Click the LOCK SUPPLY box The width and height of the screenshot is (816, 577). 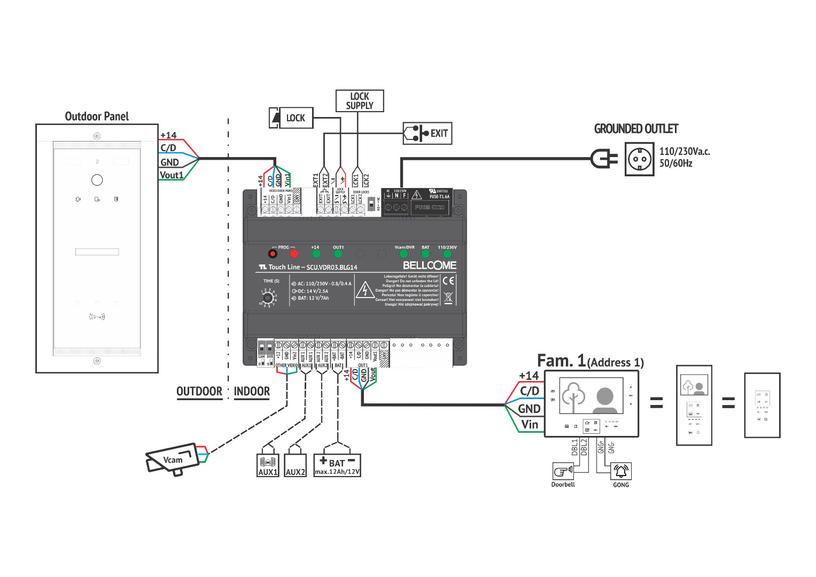coord(360,101)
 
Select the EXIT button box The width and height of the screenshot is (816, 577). coord(428,134)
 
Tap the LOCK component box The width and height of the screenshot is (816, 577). coord(291,118)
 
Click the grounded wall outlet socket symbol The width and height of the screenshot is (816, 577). coord(639,159)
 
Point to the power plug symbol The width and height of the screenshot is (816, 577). coord(604,159)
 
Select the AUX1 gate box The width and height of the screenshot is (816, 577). coord(268,465)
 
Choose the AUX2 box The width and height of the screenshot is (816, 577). coord(295,465)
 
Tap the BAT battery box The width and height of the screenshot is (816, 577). coord(337,465)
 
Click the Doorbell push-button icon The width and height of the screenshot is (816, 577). coord(563,471)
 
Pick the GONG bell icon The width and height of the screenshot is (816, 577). coord(621,471)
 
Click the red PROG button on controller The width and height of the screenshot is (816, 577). coord(273,254)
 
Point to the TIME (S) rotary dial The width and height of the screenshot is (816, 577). coord(267,298)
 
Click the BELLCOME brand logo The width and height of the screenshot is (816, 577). coord(429,266)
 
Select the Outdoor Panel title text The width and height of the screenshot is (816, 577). coord(97,116)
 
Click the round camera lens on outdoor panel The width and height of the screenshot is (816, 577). coord(97,180)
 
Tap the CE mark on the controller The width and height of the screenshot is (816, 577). coord(448,281)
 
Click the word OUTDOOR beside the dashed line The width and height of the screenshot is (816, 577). coord(199,391)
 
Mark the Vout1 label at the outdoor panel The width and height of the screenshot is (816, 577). coord(172,175)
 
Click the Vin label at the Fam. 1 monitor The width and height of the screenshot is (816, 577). coord(530,424)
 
